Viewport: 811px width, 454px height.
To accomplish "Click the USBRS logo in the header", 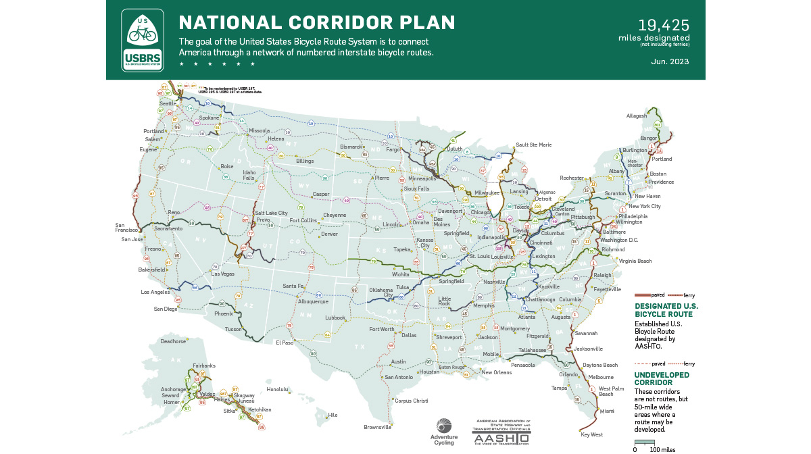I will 142,40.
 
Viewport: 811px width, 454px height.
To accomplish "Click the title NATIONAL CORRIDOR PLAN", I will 317,22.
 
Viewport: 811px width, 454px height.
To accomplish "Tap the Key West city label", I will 592,434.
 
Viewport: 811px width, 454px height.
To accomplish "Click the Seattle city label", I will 167,103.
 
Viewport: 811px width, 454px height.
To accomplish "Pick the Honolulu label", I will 278,389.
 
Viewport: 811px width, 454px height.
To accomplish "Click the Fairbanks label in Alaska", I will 203,365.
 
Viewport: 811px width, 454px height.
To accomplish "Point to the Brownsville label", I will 377,427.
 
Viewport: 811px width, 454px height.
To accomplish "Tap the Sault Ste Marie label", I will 533,145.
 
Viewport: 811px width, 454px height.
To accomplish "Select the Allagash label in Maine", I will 637,116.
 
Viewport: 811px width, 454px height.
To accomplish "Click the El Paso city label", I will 285,343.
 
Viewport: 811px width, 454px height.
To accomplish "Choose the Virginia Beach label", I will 636,261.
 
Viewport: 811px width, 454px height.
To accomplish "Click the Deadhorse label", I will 172,342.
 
